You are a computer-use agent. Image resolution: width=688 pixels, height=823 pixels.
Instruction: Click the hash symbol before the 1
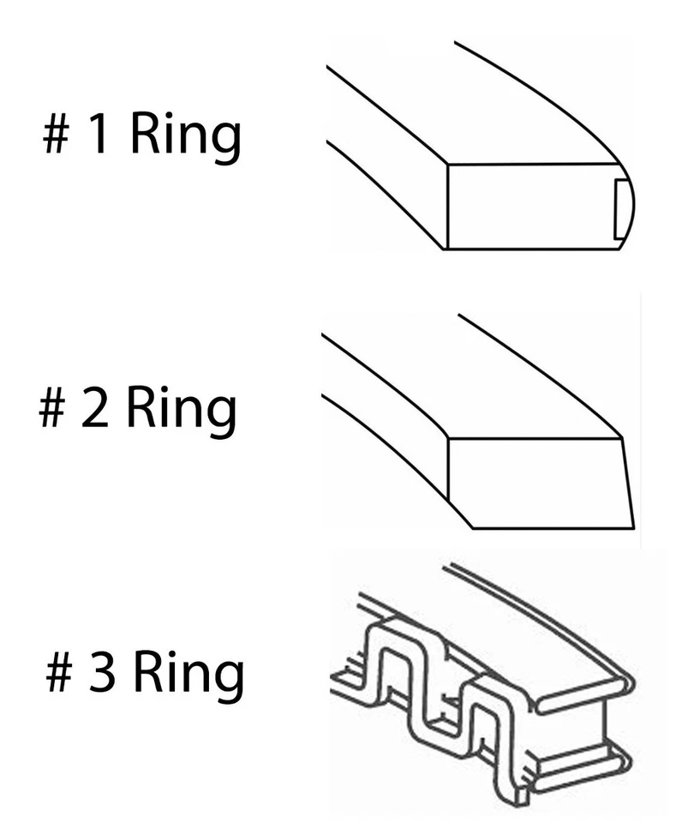(57, 136)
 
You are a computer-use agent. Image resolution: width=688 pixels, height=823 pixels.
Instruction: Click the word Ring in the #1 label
(185, 137)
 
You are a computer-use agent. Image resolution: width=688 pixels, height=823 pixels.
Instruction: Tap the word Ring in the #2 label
(182, 411)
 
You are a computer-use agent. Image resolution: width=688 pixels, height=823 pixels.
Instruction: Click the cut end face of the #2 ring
(535, 483)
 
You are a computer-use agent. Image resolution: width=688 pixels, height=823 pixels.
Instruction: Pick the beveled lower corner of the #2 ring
(460, 513)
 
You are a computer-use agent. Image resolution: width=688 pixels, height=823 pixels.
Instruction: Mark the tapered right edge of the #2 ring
(627, 483)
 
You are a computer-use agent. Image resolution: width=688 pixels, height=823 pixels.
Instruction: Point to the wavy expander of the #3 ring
(428, 694)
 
